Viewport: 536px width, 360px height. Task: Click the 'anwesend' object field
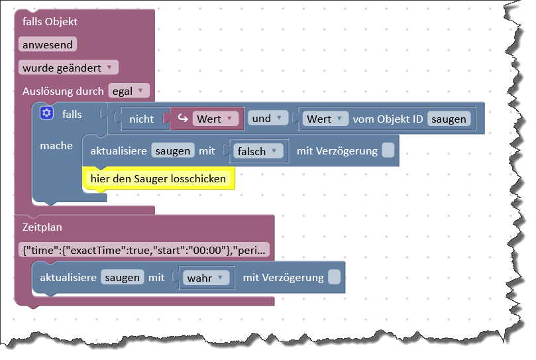tap(48, 44)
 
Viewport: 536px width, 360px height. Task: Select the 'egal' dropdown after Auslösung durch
tap(129, 91)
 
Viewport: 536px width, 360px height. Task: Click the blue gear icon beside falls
tap(46, 113)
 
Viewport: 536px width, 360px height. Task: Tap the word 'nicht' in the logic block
tap(141, 119)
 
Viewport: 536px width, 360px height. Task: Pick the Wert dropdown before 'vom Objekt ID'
tap(326, 119)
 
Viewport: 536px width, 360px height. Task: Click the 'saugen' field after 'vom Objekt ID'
tap(449, 119)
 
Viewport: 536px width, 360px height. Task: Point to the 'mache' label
tap(56, 146)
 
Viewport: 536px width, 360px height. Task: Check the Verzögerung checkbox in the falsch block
tap(388, 151)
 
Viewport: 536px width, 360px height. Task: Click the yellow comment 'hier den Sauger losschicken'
tap(158, 178)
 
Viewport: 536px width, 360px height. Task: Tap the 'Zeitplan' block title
tap(42, 227)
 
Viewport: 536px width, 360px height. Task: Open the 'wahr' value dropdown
tap(206, 278)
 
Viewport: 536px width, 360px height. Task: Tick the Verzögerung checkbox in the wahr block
tap(335, 278)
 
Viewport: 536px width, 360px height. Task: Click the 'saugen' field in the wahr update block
tap(122, 278)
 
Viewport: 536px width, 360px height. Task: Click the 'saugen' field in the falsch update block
tap(173, 151)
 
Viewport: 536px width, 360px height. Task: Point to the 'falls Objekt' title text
tap(50, 22)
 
